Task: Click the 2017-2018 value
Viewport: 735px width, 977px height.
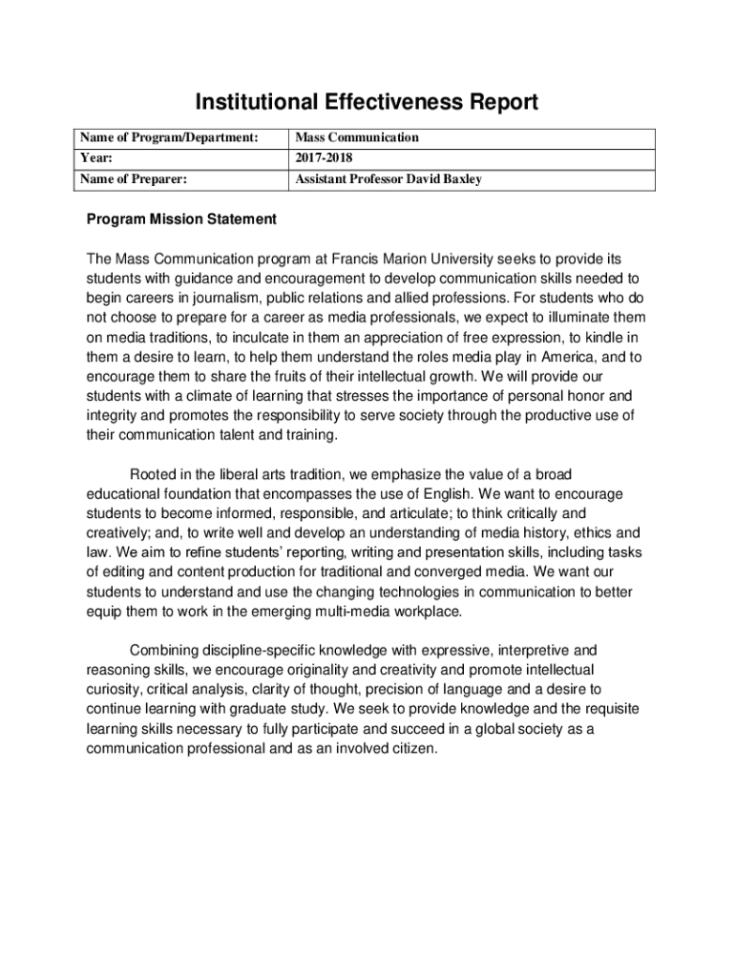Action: coord(324,157)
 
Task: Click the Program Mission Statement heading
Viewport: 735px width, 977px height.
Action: coord(181,219)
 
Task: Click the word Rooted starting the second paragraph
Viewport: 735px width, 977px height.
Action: coord(153,474)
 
